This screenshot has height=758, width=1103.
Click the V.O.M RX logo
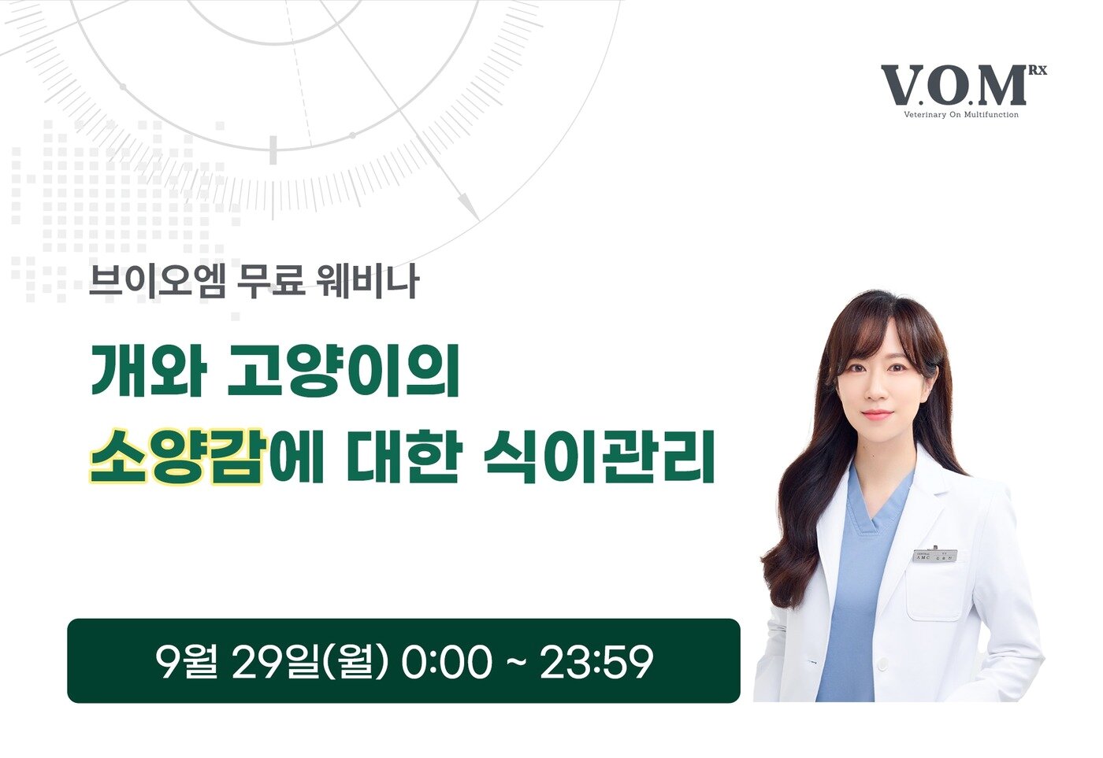click(x=954, y=86)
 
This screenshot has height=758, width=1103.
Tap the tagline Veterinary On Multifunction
click(x=960, y=115)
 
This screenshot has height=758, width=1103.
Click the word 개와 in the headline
click(x=148, y=371)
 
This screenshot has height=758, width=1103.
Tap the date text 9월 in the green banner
click(x=186, y=662)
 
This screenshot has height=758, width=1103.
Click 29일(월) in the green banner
click(x=310, y=662)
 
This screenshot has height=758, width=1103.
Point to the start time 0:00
click(x=446, y=662)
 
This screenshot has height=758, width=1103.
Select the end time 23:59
click(x=596, y=662)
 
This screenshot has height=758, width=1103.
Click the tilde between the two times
click(x=516, y=662)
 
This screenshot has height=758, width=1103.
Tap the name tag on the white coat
click(x=934, y=556)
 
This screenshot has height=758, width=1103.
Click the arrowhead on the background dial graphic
click(x=469, y=208)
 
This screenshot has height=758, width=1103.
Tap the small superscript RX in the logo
click(x=1038, y=71)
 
